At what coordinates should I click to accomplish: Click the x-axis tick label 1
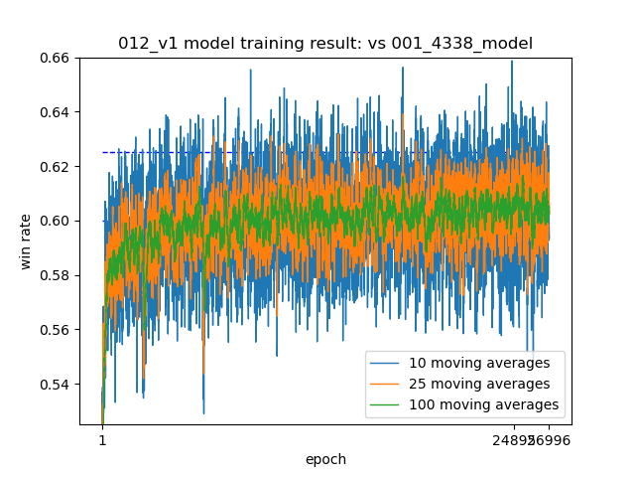pos(102,440)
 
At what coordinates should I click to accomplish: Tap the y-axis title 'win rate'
pos(26,241)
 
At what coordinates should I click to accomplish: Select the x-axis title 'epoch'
pos(326,459)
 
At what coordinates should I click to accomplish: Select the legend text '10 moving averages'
pos(479,363)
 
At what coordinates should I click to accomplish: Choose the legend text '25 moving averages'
pos(479,384)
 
